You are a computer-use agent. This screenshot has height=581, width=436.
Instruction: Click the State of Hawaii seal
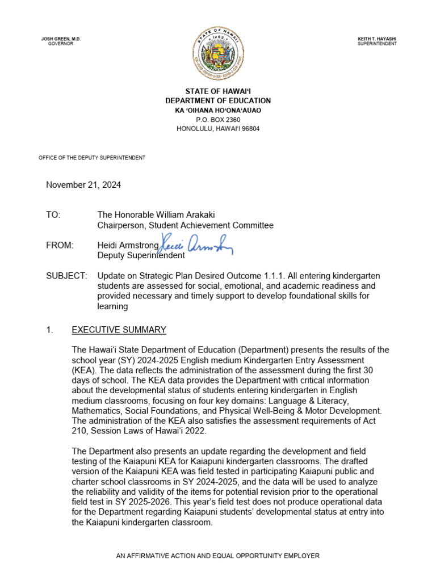tap(218, 54)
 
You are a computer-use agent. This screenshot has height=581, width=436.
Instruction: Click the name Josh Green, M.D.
tap(61, 39)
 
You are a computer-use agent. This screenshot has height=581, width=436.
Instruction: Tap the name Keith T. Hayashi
tap(377, 39)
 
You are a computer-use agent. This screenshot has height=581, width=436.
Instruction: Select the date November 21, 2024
tap(83, 185)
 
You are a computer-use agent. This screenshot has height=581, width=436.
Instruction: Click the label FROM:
tap(60, 245)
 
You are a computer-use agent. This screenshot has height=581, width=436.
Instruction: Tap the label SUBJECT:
tap(66, 276)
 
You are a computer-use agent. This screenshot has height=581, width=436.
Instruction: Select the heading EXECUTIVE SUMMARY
tap(119, 330)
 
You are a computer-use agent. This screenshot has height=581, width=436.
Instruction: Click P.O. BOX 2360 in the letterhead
tap(218, 120)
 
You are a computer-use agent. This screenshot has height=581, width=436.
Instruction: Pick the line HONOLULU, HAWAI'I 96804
tap(218, 129)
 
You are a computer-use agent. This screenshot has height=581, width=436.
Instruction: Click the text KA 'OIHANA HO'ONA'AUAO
tap(218, 110)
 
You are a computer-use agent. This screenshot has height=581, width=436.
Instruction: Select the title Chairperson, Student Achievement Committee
tap(185, 225)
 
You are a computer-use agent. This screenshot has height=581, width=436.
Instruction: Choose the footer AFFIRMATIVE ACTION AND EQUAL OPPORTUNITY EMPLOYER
tap(218, 556)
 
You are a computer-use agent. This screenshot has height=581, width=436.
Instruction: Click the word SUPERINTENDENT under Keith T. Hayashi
tap(377, 44)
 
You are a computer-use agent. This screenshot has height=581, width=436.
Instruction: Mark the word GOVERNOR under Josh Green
tap(61, 44)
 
